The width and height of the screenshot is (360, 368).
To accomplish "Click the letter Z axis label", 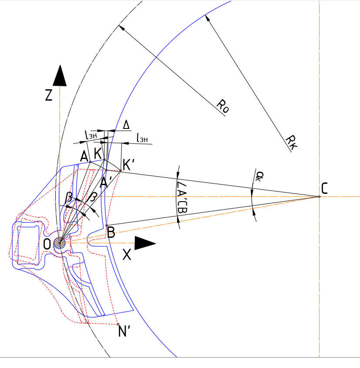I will coord(49,95).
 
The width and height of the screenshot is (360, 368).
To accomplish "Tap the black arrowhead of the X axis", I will coord(145,243).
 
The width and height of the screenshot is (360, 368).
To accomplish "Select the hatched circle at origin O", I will coord(60,243).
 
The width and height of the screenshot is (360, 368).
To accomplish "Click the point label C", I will coord(324,188).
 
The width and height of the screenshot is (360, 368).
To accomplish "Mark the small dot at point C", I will coord(319,196).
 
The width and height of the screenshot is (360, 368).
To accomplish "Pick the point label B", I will coord(111,233).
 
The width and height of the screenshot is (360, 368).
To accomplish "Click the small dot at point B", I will coord(107,226).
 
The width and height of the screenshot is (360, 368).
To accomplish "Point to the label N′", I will coord(125,332).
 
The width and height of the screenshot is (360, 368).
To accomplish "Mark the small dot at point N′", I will coord(118,324).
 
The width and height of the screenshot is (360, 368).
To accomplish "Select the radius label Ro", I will coord(222,106).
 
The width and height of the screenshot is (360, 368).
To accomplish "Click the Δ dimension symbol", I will coord(126,125).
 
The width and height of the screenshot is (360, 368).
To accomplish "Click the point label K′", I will coord(129,165).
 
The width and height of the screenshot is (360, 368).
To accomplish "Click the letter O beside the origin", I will coord(47,244).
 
